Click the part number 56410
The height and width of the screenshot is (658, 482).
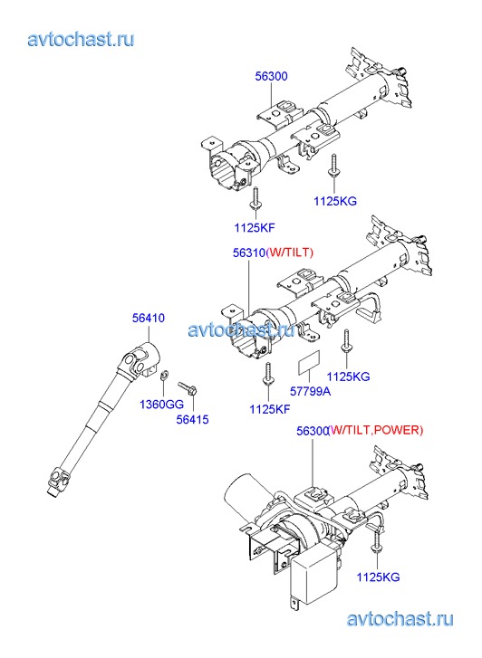tap(149, 318)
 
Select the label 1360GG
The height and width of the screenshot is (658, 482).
tap(162, 404)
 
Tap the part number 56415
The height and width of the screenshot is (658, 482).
tap(192, 419)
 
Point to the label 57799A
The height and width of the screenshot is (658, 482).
tap(310, 391)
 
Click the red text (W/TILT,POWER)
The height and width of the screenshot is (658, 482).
tap(376, 430)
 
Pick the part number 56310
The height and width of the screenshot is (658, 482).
tap(249, 253)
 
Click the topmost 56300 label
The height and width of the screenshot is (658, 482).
tap(272, 76)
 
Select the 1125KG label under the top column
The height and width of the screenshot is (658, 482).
tap(335, 201)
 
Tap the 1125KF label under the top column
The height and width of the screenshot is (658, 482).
tap(255, 228)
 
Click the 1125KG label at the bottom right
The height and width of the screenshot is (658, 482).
tap(378, 577)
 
